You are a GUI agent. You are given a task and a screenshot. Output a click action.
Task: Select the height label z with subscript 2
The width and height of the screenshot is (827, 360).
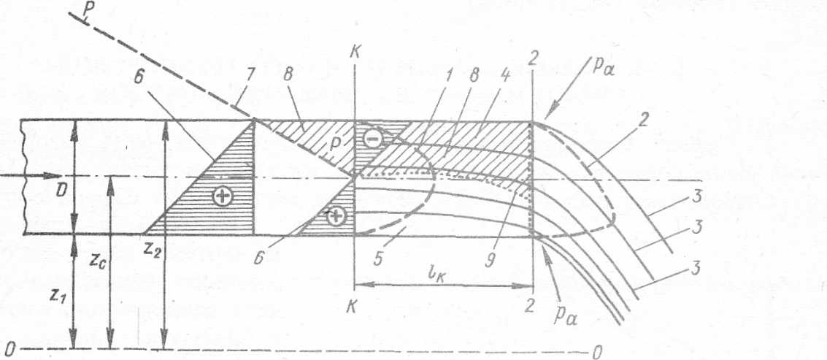[153, 251]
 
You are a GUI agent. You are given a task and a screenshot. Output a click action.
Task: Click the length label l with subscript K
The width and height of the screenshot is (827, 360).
[441, 276]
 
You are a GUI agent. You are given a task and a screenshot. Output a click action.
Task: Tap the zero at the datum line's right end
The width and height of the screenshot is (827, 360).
[596, 353]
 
